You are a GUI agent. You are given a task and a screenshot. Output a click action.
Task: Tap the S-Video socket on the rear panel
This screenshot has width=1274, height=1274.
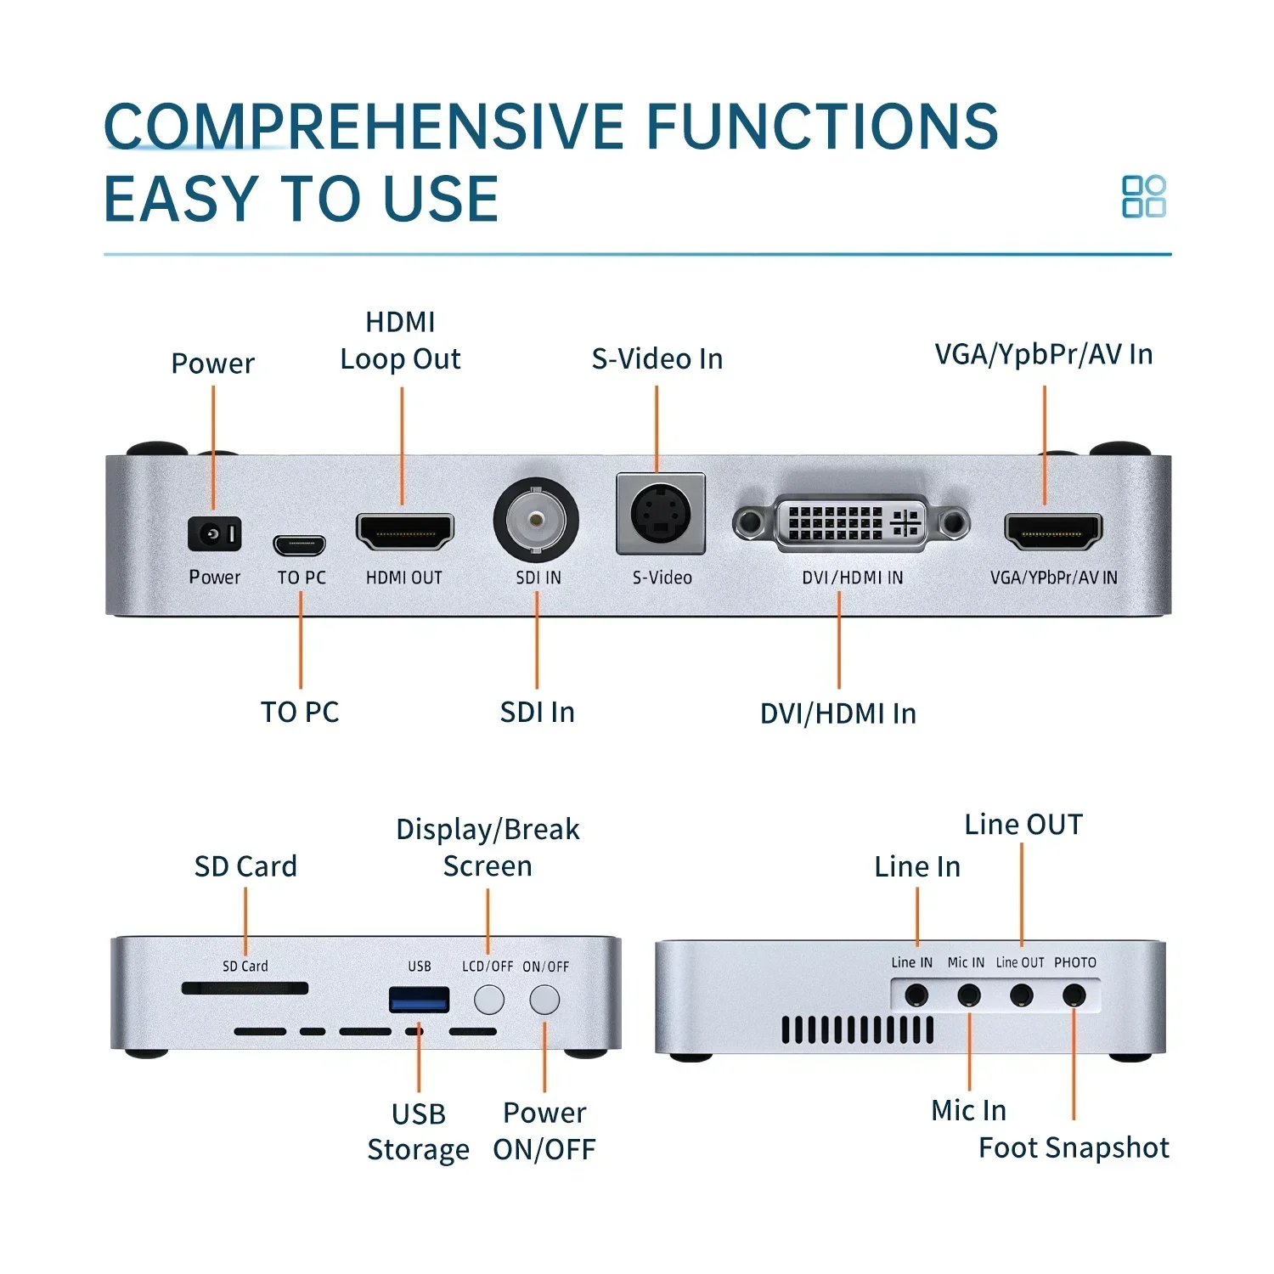pos(660,515)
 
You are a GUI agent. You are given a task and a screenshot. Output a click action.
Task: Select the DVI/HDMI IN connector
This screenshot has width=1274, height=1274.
pos(851,522)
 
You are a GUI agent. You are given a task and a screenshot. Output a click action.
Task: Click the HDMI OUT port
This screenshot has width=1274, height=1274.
pos(404,532)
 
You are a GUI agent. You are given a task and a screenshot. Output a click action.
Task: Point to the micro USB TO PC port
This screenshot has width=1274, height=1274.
pos(299,544)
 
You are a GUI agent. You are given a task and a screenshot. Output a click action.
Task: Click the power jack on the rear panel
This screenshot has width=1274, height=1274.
pos(214,533)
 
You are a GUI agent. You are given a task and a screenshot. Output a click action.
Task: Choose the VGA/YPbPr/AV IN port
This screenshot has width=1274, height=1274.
pos(1052,532)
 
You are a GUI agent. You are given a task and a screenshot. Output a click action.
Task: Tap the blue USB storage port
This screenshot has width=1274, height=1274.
pos(419,1000)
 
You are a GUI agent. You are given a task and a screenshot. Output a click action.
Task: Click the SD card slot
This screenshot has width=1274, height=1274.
pos(245,988)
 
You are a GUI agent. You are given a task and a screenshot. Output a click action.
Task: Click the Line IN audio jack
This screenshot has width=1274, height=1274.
pos(916,995)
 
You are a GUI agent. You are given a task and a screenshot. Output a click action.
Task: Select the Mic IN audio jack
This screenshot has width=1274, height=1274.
pos(968,995)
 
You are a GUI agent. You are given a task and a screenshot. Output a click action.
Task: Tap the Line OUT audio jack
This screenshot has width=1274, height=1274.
pos(1021,995)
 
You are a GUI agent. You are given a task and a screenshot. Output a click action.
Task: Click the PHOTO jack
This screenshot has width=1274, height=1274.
pos(1074,995)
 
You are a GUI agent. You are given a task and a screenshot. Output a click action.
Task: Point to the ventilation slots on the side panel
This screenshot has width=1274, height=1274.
pos(857,1029)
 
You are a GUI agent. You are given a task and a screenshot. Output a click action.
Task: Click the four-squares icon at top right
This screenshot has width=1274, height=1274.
pos(1143,197)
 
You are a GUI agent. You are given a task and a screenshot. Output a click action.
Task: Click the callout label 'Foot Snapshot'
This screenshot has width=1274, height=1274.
pos(1074,1147)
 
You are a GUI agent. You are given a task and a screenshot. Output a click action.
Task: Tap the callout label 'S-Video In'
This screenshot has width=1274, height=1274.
pos(657,358)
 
